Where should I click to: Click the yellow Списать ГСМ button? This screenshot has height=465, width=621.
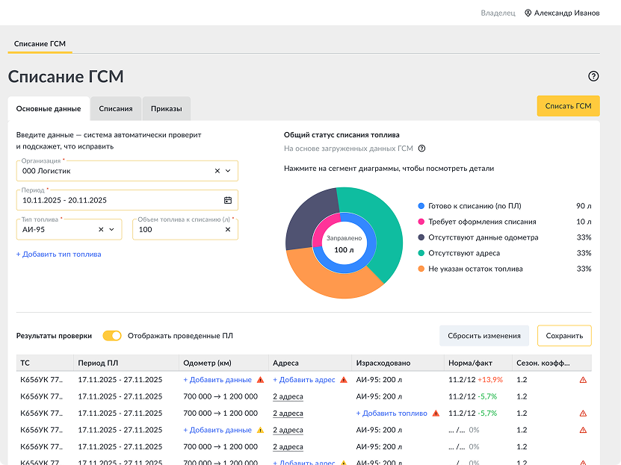point(568,106)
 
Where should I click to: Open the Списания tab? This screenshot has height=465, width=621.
point(116,109)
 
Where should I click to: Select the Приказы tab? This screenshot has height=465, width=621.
point(167,109)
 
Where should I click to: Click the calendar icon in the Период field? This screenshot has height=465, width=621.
point(228,200)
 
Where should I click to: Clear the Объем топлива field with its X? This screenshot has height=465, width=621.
point(228,229)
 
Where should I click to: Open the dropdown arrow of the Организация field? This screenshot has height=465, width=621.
point(228,171)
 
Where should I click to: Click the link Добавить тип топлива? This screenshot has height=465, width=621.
point(58,255)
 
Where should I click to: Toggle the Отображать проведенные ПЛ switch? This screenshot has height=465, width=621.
point(112,336)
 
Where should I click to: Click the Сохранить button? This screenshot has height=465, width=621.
point(564,336)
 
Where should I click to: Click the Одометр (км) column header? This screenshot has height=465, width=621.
point(207,363)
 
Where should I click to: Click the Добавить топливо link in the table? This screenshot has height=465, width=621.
point(392,413)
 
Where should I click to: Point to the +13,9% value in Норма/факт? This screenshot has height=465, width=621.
point(490,380)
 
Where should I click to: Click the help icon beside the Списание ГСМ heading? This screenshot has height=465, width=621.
point(593,76)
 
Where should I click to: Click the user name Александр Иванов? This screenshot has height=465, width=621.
point(566,13)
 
